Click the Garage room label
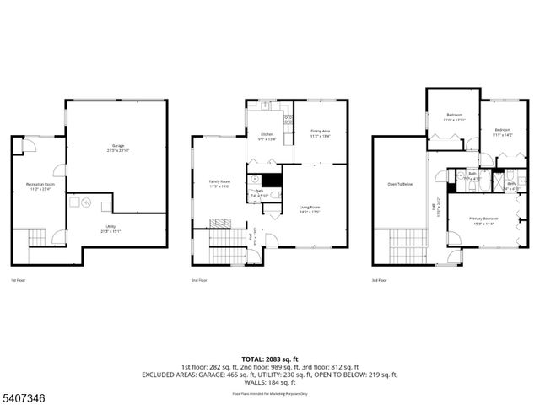[x=116, y=148]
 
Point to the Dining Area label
[x=320, y=132]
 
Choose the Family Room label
[x=220, y=183]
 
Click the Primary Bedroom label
[x=483, y=221]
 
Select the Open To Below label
[x=400, y=184]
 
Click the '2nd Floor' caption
[x=200, y=280]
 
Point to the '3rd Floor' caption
[x=380, y=280]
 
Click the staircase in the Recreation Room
[x=38, y=239]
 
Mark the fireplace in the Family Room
[x=219, y=223]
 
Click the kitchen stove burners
[x=287, y=119]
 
